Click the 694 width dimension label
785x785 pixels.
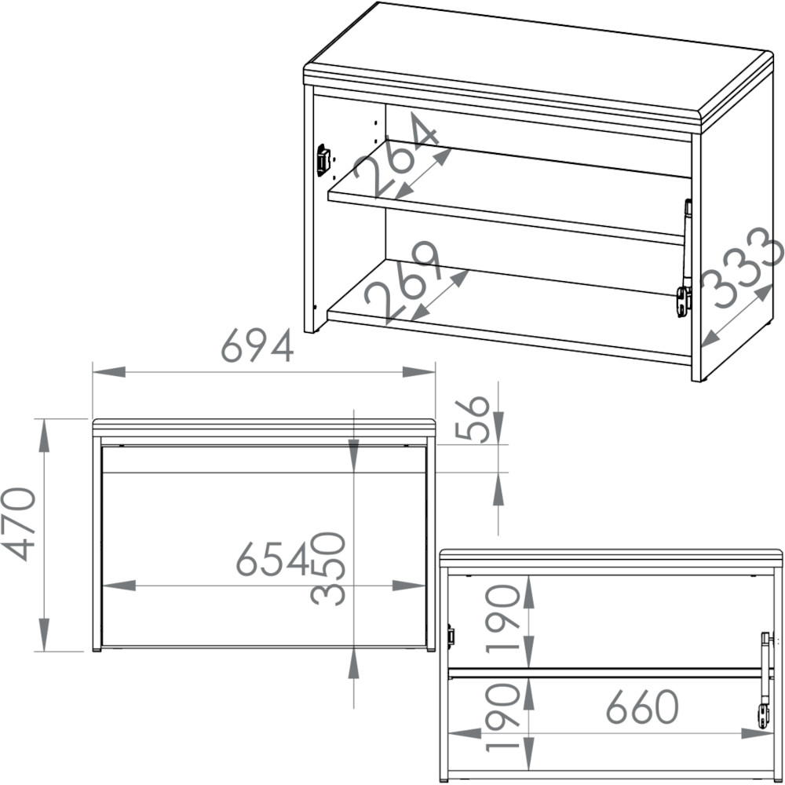point(257,345)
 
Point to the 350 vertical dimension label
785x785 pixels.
point(328,568)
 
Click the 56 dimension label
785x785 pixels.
point(472,419)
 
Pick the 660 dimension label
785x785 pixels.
point(642,706)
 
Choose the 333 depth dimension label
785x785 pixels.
point(742,267)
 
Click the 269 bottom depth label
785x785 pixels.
point(402,279)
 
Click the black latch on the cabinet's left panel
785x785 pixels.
point(323,160)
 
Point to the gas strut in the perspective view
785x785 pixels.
point(686,244)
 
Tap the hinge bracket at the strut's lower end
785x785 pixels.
point(685,301)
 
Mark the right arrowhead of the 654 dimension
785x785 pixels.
point(409,586)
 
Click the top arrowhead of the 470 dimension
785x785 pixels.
point(44,435)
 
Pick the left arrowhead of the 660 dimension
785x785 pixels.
point(465,733)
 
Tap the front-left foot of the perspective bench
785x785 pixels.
point(310,331)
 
